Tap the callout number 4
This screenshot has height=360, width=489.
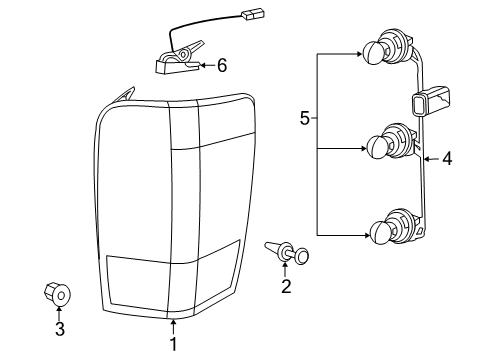coord(447,157)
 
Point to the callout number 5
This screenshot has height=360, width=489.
coord(305,119)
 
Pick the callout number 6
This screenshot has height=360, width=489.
coord(221,65)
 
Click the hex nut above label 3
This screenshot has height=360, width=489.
coord(58,293)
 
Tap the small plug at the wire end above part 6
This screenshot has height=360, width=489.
coord(246,15)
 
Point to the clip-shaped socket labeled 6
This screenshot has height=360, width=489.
coord(176,63)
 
